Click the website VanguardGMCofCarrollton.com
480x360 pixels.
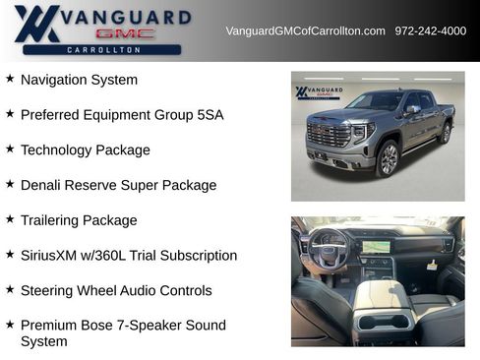(305, 31)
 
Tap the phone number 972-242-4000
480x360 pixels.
(431, 31)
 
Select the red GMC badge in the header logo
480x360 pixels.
(125, 33)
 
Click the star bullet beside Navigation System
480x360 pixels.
(10, 78)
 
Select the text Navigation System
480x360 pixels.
(79, 80)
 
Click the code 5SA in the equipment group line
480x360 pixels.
(209, 115)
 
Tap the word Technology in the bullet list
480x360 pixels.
(57, 150)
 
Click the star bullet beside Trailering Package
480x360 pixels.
(10, 218)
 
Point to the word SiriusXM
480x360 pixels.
(52, 256)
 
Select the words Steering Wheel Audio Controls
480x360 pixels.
(116, 291)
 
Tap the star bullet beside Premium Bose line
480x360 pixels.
(10, 324)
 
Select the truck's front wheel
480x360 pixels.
(388, 157)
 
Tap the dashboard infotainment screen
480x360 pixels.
(379, 246)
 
